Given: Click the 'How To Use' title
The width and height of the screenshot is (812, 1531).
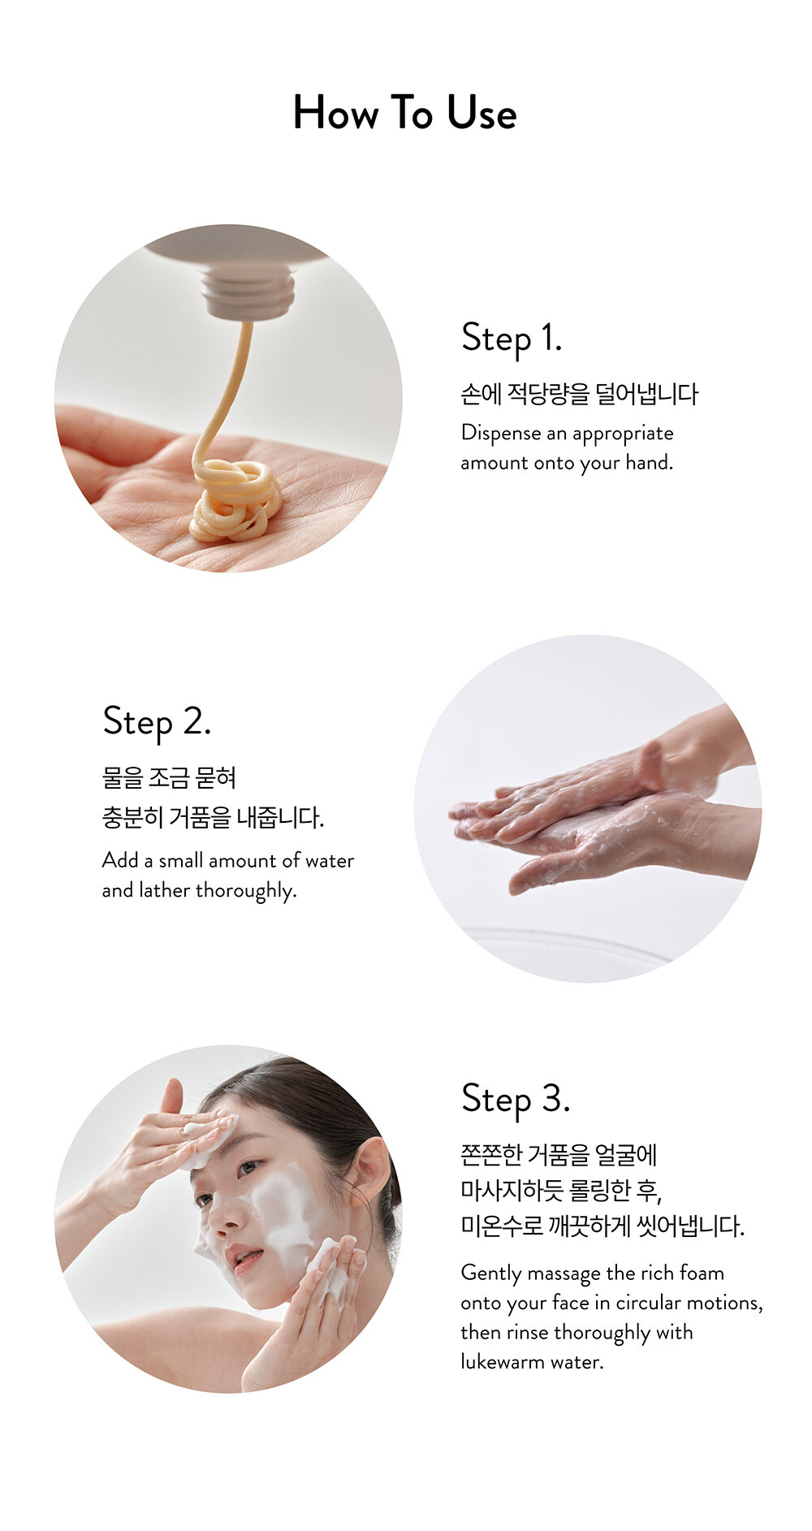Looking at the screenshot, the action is point(404,112).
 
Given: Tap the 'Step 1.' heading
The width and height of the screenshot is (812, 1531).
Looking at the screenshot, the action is point(512,338).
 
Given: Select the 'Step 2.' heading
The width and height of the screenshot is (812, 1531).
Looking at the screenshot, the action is point(157,721).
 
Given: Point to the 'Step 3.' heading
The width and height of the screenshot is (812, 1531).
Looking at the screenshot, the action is point(516,1099).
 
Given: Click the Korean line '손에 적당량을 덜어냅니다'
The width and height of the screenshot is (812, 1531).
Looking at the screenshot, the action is point(579,395).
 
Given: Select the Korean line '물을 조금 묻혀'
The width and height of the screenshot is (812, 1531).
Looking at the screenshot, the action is point(169,778).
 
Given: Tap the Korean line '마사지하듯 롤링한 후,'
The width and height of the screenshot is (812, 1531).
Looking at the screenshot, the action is point(561,1191).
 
